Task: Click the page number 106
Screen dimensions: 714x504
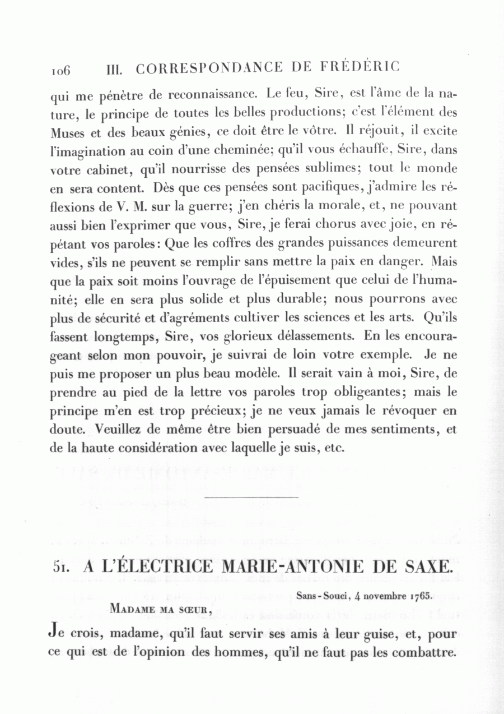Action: click(60, 70)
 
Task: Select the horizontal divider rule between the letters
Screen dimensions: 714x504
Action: click(252, 496)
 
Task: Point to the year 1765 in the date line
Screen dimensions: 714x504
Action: click(421, 595)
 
